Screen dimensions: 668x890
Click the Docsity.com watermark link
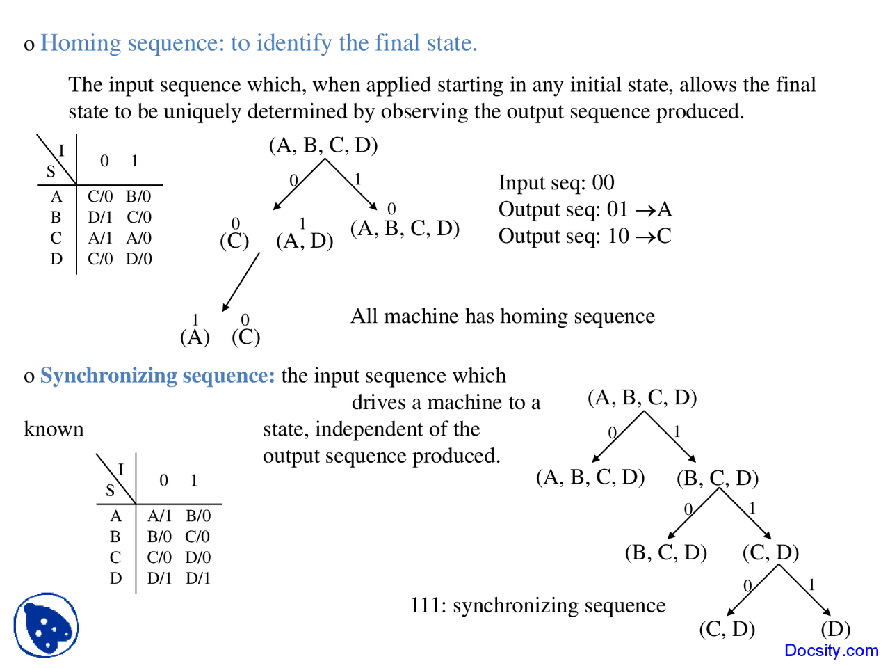pos(831,651)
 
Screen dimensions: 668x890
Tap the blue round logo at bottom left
pos(46,625)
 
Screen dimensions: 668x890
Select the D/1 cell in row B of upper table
pos(100,217)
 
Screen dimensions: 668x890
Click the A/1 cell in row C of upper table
pos(100,238)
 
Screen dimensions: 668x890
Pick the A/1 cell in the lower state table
pos(159,516)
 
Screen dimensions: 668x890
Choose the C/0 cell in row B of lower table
pos(197,536)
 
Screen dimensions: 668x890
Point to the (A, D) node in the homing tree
pos(305,241)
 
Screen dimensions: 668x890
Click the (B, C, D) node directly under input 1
pos(717,478)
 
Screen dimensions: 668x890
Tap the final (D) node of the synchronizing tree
pos(835,629)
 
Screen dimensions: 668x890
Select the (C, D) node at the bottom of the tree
pos(727,629)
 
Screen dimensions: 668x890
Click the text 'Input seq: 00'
pos(556,182)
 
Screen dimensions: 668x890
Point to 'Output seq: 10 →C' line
pos(585,236)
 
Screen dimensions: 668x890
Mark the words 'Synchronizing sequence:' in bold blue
pos(158,376)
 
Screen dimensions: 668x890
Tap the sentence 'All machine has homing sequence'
pos(502,316)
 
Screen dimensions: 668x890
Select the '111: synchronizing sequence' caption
pos(537,605)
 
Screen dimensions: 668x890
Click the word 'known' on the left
pos(54,429)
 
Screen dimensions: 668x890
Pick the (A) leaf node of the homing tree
pos(195,337)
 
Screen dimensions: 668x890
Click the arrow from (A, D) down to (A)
pos(241,282)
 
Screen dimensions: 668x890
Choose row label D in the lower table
pos(115,578)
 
